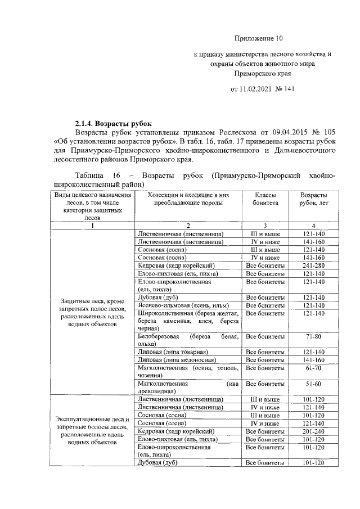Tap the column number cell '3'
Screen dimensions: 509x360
(264, 226)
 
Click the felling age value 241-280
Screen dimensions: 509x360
(313, 265)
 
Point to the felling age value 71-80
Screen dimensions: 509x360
(313, 336)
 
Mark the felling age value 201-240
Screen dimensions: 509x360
(313, 431)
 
